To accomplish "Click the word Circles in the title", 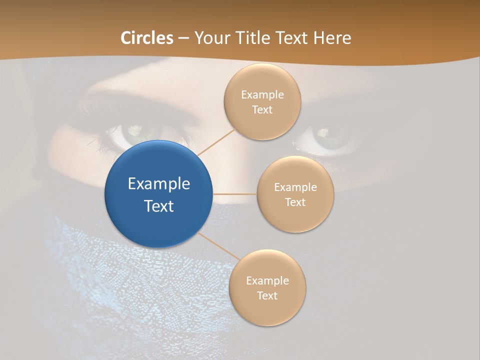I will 147,38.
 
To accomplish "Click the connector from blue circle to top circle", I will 216,142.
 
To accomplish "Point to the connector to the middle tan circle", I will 235,194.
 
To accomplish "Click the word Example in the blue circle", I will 159,184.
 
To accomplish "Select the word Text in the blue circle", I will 159,206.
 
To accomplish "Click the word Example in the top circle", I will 262,95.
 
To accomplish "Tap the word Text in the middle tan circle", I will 295,202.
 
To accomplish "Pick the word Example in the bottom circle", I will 267,281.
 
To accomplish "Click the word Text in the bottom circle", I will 267,296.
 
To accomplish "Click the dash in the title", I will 183,38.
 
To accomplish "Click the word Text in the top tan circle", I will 262,110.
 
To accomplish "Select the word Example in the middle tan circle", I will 295,187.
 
